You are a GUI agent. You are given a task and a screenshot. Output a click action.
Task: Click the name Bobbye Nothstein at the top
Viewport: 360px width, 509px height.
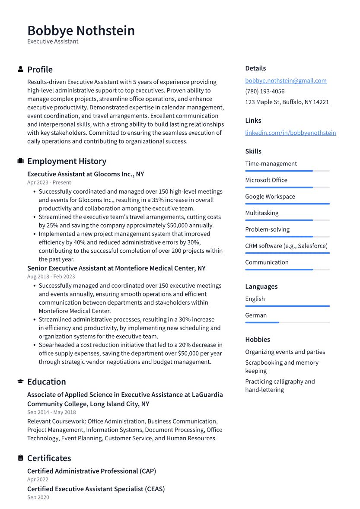point(81,31)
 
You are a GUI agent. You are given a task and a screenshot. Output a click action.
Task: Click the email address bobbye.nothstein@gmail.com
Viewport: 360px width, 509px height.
point(286,80)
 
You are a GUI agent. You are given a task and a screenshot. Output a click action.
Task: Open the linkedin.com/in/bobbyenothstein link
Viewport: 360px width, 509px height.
point(290,133)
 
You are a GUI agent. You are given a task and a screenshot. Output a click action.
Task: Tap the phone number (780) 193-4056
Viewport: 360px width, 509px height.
point(264,91)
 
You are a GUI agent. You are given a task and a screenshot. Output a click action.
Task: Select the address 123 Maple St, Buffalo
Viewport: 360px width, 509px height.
point(287,102)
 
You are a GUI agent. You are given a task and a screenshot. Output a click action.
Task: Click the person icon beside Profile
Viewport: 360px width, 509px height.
point(20,69)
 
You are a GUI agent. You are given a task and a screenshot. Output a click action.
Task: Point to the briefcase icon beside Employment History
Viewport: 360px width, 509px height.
point(20,161)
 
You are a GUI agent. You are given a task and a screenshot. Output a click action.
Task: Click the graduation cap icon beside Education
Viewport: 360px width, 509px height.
point(20,382)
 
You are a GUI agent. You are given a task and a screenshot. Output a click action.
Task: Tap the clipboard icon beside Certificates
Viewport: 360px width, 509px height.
point(20,458)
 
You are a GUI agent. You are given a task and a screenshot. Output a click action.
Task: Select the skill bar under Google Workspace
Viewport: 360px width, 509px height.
point(287,204)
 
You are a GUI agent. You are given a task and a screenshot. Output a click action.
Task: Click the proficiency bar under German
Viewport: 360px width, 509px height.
point(287,322)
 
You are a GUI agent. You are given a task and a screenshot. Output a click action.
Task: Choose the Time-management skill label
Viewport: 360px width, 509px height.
point(271,164)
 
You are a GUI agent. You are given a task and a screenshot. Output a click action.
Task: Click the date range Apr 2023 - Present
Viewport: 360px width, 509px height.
point(49,182)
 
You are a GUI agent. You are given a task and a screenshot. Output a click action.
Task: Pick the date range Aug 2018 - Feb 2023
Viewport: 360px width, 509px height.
point(51,277)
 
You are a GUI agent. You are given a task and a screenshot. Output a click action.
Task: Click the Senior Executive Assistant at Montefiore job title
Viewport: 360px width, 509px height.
point(116,268)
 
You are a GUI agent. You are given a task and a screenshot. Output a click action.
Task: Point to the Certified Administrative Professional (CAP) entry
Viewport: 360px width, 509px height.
point(92,471)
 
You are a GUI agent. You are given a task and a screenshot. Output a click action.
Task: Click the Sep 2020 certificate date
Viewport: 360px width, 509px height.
point(38,497)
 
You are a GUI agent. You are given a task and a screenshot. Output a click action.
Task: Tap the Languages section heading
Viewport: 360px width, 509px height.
point(261,286)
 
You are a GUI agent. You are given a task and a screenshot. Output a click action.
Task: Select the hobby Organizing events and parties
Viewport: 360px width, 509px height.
point(285,352)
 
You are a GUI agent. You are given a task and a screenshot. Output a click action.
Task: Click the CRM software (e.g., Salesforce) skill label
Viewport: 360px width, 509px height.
point(286,246)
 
